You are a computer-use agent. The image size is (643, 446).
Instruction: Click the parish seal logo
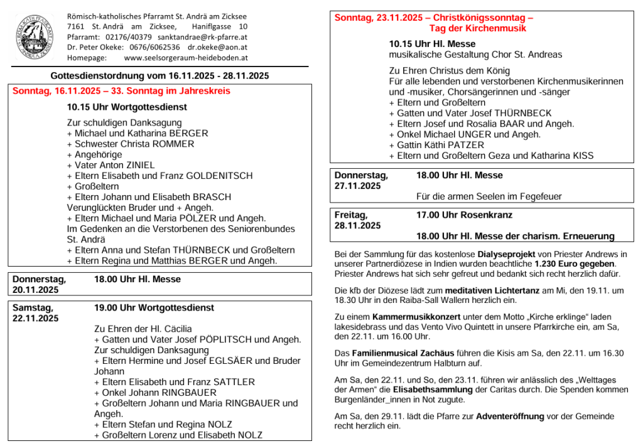tap(35, 36)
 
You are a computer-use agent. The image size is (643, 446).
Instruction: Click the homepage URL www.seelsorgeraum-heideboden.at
tap(186, 58)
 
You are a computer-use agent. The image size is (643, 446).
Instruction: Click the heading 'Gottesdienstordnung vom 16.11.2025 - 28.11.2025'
tap(159, 76)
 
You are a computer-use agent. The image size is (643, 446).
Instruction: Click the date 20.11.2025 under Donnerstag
tap(36, 290)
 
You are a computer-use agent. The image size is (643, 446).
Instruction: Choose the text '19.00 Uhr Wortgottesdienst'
tap(154, 308)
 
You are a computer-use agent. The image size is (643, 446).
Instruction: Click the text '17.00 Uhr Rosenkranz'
tap(464, 215)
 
